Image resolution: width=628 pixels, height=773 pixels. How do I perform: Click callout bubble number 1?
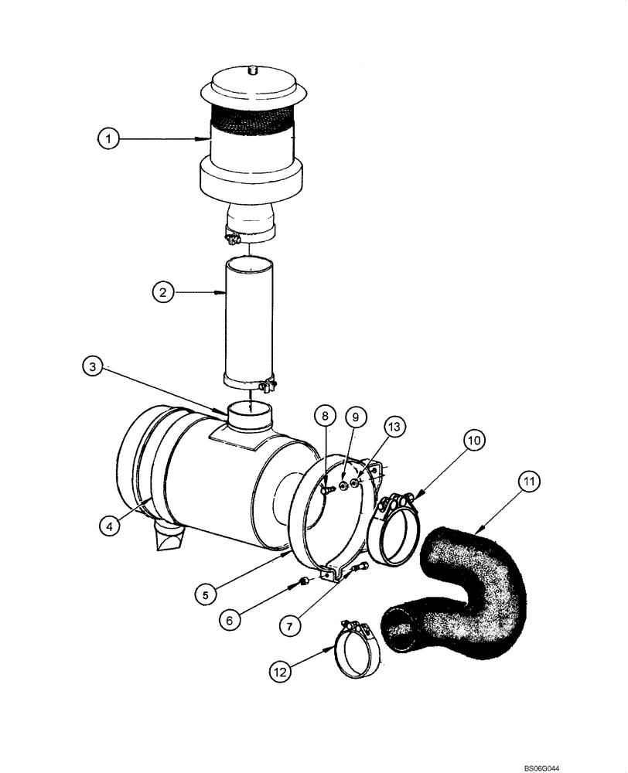pyautogui.click(x=110, y=139)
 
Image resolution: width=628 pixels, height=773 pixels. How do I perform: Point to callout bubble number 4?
pyautogui.click(x=110, y=526)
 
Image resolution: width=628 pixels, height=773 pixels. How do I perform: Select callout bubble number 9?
pyautogui.click(x=355, y=415)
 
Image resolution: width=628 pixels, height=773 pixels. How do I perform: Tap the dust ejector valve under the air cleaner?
pyautogui.click(x=169, y=538)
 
